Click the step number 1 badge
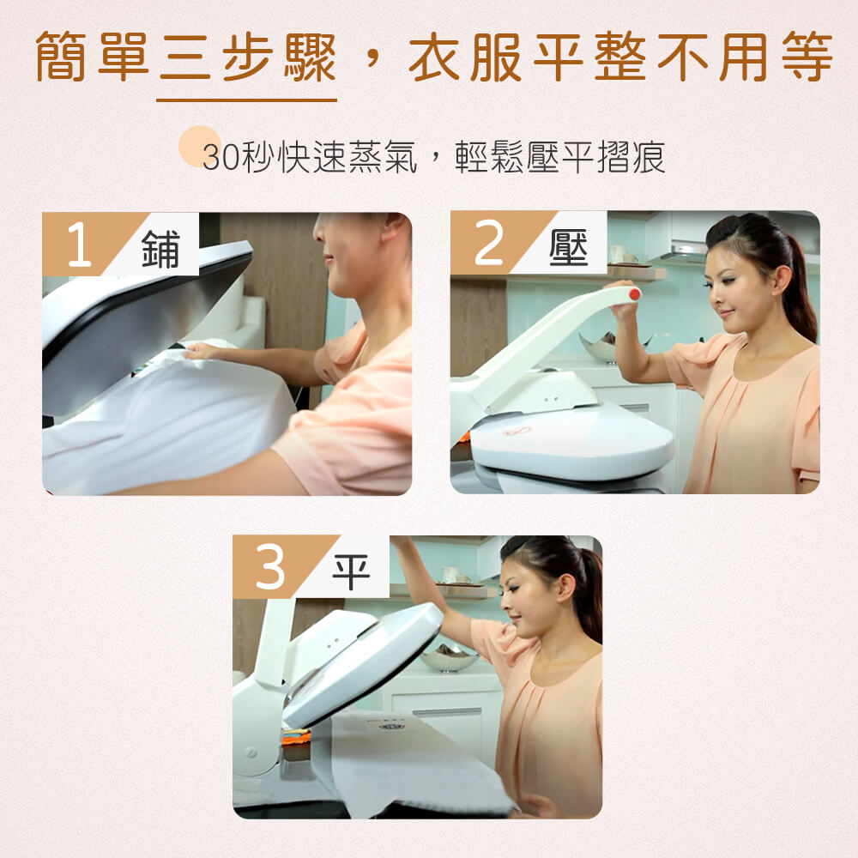click(79, 244)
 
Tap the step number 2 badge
click(488, 243)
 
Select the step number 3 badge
click(269, 566)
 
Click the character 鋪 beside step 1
click(160, 249)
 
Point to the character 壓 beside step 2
click(569, 247)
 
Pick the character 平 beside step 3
click(351, 571)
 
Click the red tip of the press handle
click(635, 294)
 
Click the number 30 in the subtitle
click(221, 158)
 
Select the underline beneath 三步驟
click(246, 100)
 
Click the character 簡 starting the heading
click(60, 57)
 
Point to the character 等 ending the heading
click(807, 57)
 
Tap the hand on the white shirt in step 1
click(201, 351)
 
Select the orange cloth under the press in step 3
click(295, 737)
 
